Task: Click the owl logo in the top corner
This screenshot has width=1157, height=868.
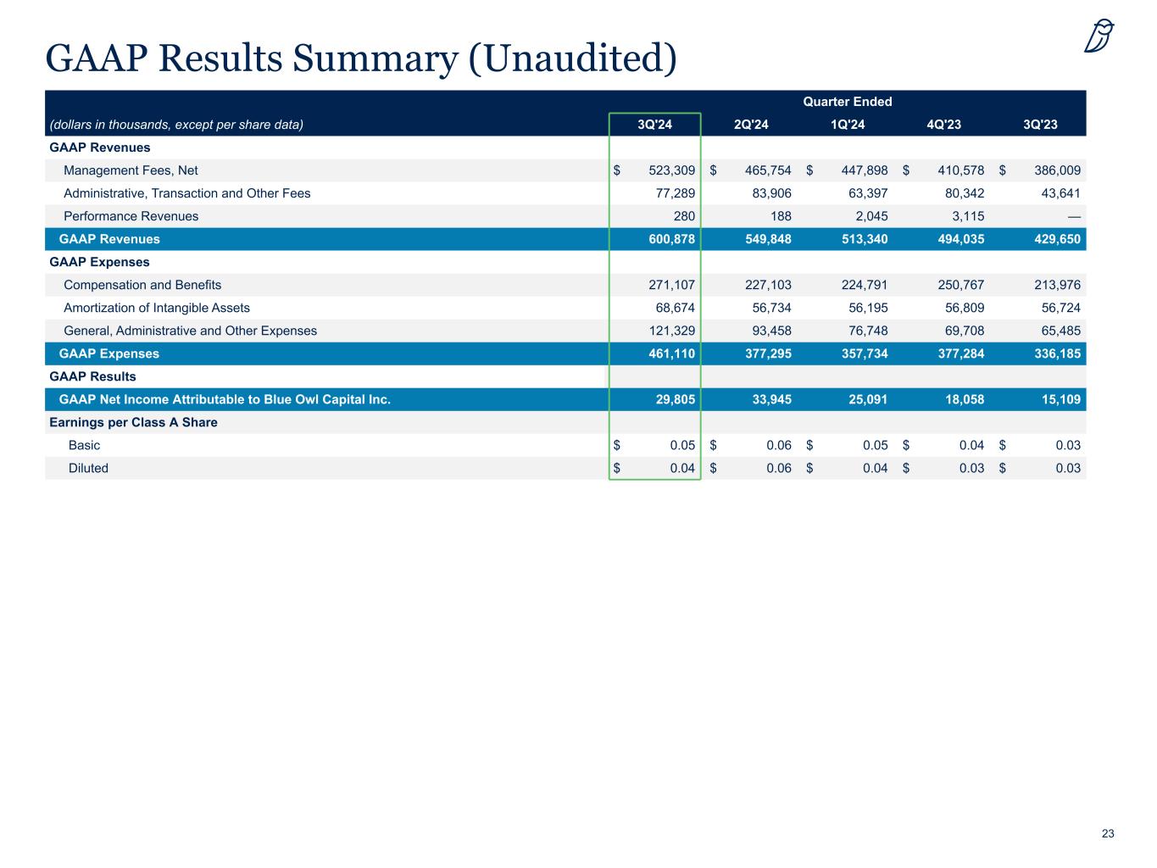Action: (x=1099, y=36)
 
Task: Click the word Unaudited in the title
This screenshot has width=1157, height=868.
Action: (x=572, y=58)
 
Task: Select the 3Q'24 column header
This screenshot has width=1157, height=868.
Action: (x=654, y=125)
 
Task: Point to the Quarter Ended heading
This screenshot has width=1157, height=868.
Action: (x=847, y=102)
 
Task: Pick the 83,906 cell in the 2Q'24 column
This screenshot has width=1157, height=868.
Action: (x=771, y=193)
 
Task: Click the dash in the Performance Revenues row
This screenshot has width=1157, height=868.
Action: (x=1074, y=216)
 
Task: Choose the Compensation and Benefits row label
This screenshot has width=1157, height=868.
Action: (x=142, y=285)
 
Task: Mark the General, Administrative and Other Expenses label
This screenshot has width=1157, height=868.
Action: (x=190, y=331)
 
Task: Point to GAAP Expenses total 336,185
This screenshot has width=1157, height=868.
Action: (x=1055, y=353)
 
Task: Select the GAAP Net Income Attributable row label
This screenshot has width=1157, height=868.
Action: (x=225, y=399)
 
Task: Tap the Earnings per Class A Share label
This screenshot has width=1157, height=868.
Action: (x=133, y=422)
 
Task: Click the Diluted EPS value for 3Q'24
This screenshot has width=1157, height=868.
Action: (x=681, y=468)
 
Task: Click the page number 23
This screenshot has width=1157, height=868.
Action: (x=1108, y=834)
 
